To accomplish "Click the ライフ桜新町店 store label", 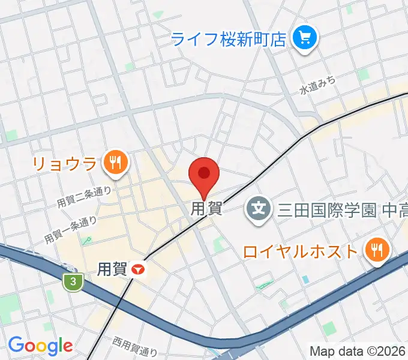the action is (229, 40).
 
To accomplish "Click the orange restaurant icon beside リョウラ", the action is (113, 162).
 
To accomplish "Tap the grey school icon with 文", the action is (259, 209).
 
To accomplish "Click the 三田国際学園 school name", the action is (326, 210).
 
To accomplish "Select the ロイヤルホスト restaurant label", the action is (300, 250).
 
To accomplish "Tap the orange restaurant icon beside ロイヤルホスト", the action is (376, 250).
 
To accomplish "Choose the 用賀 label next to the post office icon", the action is (112, 269).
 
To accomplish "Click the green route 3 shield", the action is (73, 282).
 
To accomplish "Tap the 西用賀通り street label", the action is (134, 347).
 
